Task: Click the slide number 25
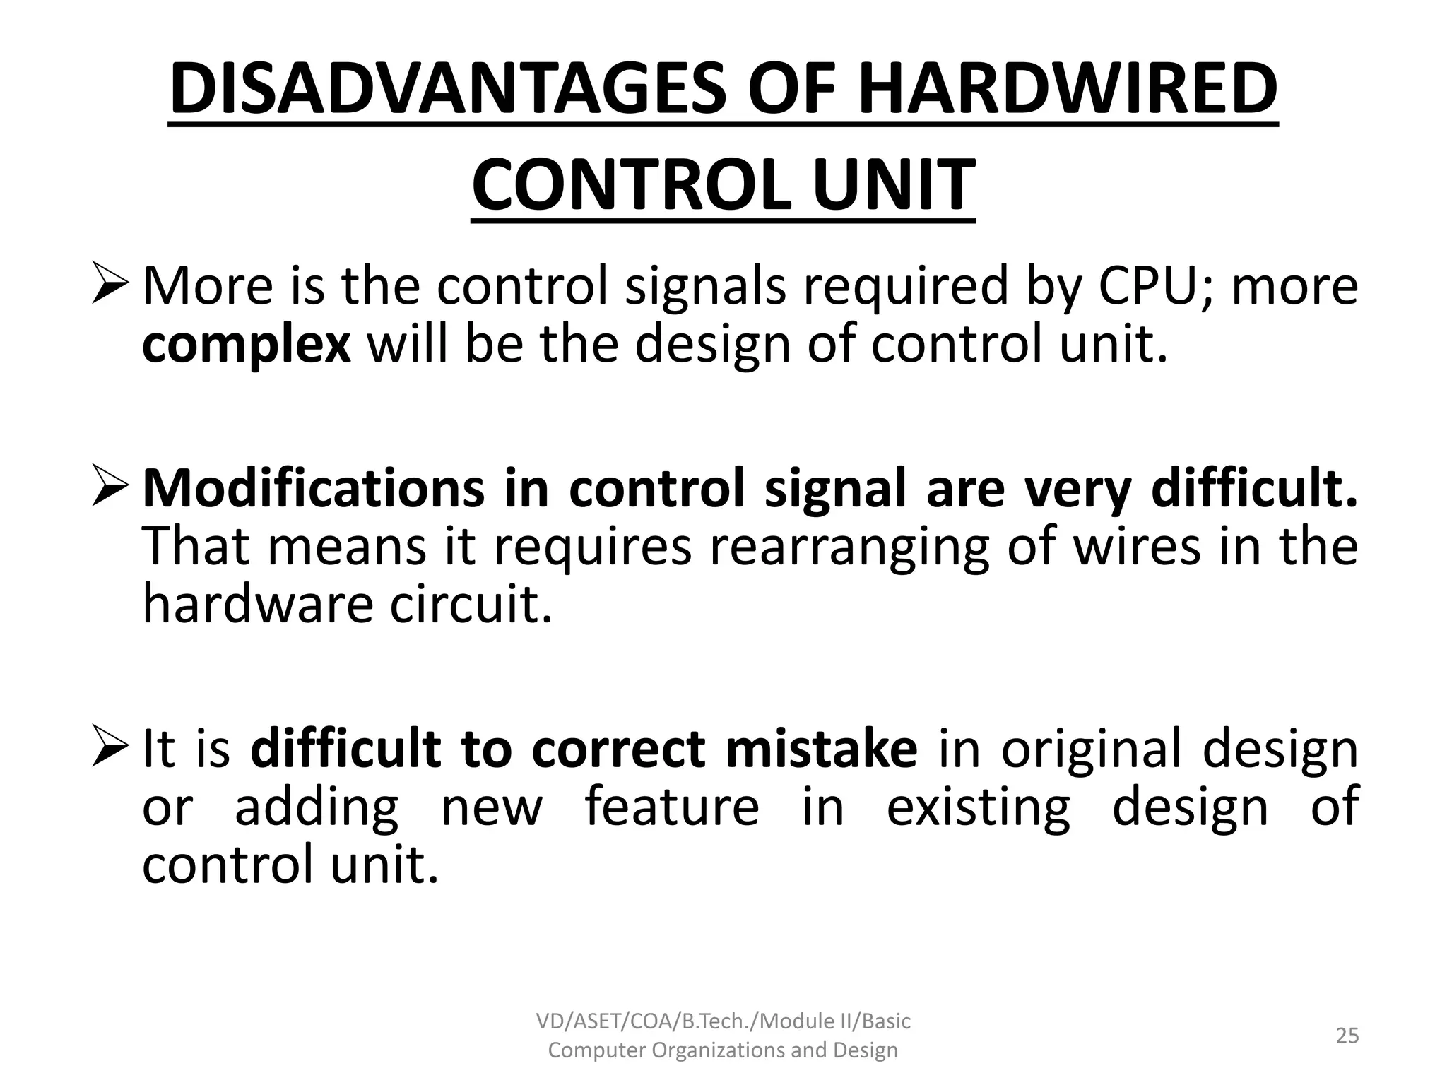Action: pos(1347,1036)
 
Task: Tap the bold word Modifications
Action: pos(313,489)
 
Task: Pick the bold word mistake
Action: pos(821,749)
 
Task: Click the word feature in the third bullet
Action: pos(672,807)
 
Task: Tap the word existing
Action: pos(978,807)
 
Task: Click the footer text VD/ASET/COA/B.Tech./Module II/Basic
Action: pos(723,1021)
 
